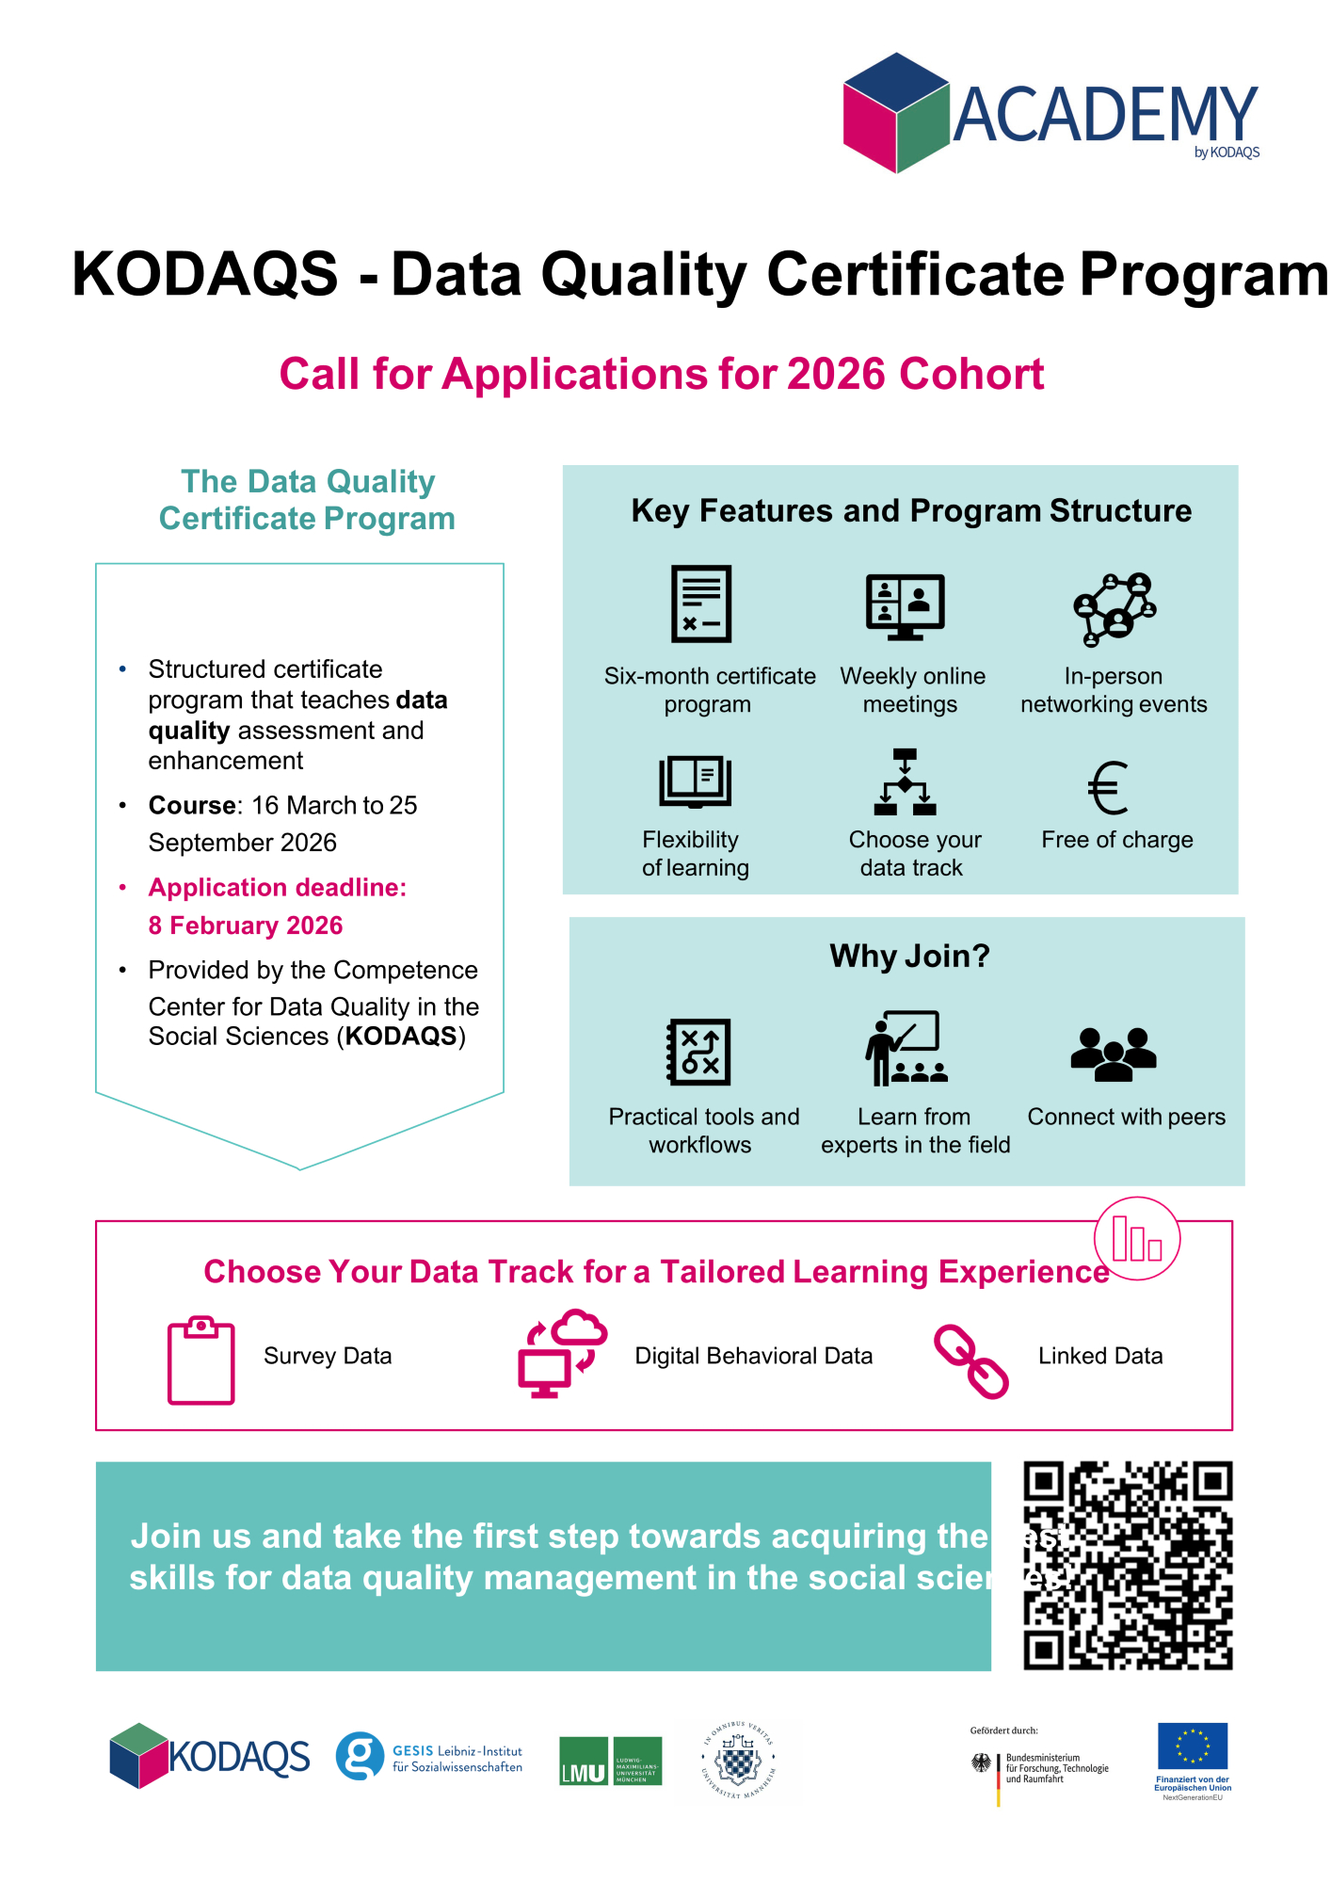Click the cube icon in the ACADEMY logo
tap(895, 113)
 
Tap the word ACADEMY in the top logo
tap(1105, 115)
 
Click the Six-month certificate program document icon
tap(701, 604)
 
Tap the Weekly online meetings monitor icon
tap(905, 605)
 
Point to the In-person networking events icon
tap(1115, 609)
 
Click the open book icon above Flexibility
tap(695, 781)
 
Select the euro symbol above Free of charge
tap(1108, 788)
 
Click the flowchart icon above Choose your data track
tap(905, 782)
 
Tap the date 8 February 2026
tap(246, 925)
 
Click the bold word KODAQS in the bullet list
tap(401, 1037)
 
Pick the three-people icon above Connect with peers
tap(1114, 1053)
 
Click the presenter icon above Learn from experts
tap(906, 1048)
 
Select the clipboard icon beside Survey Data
tap(200, 1360)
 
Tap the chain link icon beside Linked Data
tap(970, 1361)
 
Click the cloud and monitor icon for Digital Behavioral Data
tap(562, 1354)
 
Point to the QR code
tap(1128, 1565)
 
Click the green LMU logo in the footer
tap(610, 1761)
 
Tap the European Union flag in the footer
tap(1193, 1746)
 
